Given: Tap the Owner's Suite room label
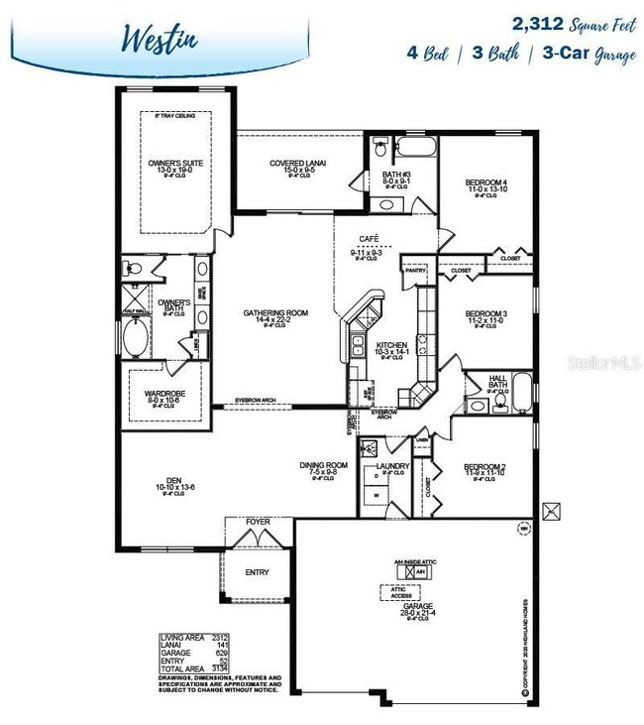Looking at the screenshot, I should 174,163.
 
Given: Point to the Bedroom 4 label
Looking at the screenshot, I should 485,182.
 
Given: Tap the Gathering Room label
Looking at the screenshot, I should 275,313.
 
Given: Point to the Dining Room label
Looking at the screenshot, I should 324,464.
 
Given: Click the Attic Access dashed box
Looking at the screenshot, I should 401,591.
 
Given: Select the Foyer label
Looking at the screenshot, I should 258,522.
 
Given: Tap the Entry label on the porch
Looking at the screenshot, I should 257,571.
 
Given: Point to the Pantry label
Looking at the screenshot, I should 414,269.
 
